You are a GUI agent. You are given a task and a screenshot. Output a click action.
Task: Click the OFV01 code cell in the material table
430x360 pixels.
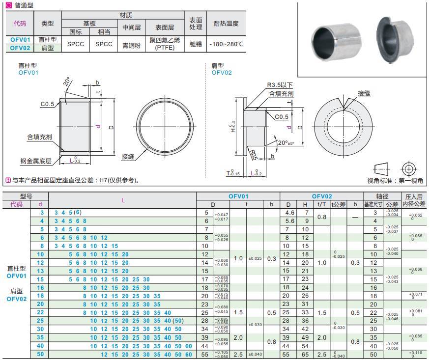click(x=20, y=39)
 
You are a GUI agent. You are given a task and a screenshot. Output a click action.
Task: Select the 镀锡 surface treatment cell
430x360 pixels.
click(x=196, y=44)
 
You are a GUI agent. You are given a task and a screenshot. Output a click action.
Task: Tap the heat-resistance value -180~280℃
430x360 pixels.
click(x=226, y=44)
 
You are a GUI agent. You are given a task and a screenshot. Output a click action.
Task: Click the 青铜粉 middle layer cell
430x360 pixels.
click(x=131, y=44)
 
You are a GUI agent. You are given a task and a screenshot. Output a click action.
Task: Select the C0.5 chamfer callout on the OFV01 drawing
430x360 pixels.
click(x=47, y=104)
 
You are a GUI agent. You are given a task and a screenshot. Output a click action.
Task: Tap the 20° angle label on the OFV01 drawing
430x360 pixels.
click(x=67, y=82)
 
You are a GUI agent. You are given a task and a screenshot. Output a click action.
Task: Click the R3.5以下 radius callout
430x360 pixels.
click(x=280, y=85)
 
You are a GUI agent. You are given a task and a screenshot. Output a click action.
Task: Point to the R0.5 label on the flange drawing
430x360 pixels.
click(x=254, y=157)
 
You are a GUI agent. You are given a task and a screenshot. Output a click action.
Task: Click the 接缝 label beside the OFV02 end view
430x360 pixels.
click(x=364, y=93)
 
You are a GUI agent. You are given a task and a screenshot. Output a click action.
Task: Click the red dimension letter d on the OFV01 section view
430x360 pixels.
click(x=98, y=126)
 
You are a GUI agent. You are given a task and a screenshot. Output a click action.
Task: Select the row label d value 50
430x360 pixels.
click(x=41, y=354)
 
